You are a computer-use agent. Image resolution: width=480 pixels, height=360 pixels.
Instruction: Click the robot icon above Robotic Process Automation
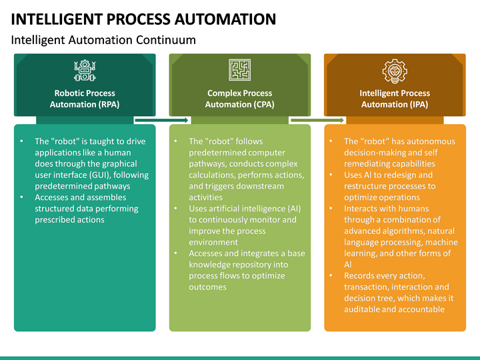84,70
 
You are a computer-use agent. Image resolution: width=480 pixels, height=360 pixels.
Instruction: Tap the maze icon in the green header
239,70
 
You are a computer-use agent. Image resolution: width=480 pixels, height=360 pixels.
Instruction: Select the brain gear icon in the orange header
395,70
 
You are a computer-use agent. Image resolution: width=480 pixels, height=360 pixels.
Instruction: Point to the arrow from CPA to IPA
317,121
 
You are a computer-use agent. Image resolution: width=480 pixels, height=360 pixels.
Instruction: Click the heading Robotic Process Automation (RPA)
85,99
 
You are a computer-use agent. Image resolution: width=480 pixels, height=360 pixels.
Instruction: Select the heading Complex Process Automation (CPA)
239,99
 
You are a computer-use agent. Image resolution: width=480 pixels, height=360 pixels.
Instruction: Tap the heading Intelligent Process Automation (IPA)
395,99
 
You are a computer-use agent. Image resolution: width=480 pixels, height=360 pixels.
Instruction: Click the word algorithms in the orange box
404,231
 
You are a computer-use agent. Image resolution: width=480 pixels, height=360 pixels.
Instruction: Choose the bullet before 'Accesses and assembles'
22,198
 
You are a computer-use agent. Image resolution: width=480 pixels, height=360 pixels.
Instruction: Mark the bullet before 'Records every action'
331,276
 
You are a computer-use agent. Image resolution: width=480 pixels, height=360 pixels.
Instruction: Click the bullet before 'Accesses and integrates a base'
176,253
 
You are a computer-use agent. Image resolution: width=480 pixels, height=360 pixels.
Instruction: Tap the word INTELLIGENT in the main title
55,19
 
